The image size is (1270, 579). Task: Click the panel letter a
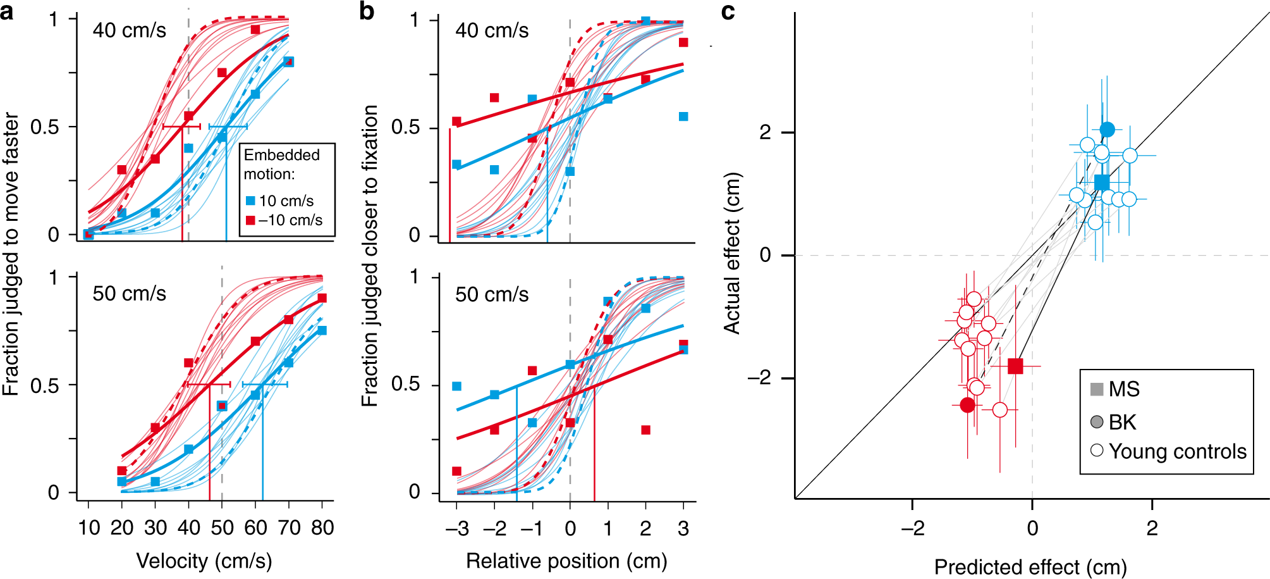[7, 11]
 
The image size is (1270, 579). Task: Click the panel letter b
[367, 11]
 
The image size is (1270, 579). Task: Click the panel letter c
[728, 11]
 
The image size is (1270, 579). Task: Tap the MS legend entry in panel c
[1115, 389]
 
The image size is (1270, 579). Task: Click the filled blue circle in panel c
[1107, 130]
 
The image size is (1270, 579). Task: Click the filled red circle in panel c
[967, 405]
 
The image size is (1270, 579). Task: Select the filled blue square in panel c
[1102, 182]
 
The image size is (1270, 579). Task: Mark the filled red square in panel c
[1015, 366]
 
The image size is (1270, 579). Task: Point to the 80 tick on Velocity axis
[322, 528]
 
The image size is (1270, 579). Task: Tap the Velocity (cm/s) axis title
[204, 561]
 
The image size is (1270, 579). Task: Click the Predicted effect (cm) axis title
[1030, 567]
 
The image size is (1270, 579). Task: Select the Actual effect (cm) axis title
[731, 253]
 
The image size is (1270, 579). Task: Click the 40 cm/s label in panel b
[492, 31]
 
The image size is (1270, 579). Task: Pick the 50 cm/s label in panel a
[130, 294]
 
